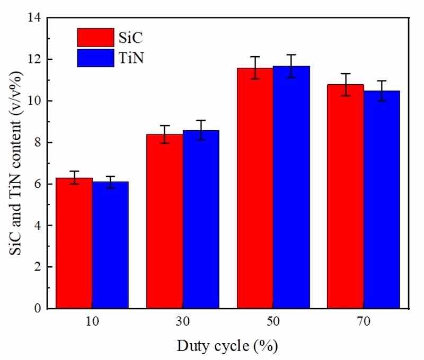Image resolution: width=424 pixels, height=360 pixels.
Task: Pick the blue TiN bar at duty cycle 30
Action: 201,220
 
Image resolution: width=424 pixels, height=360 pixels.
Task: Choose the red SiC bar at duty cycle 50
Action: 255,188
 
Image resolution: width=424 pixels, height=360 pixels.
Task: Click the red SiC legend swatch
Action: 95,38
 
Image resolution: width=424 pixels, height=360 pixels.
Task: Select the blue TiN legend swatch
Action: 95,58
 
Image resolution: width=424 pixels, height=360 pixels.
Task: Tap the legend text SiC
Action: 131,38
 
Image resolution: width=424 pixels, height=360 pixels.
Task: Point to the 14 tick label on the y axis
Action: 35,18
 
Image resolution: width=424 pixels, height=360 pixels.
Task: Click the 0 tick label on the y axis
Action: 38,308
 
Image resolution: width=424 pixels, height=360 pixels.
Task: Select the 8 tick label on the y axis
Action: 38,142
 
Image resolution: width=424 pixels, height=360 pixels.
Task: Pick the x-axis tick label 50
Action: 273,322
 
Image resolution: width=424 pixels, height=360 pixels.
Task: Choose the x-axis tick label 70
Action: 364,322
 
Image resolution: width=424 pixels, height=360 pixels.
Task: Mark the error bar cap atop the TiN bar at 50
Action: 291,55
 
